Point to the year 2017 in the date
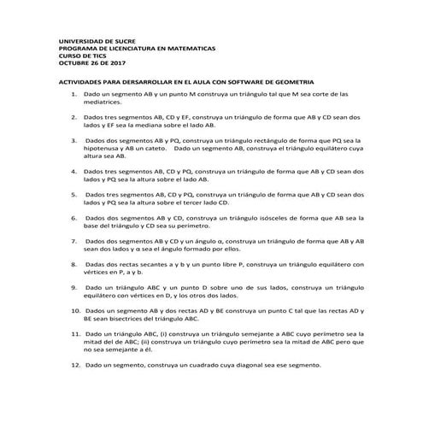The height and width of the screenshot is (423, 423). click(x=115, y=62)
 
